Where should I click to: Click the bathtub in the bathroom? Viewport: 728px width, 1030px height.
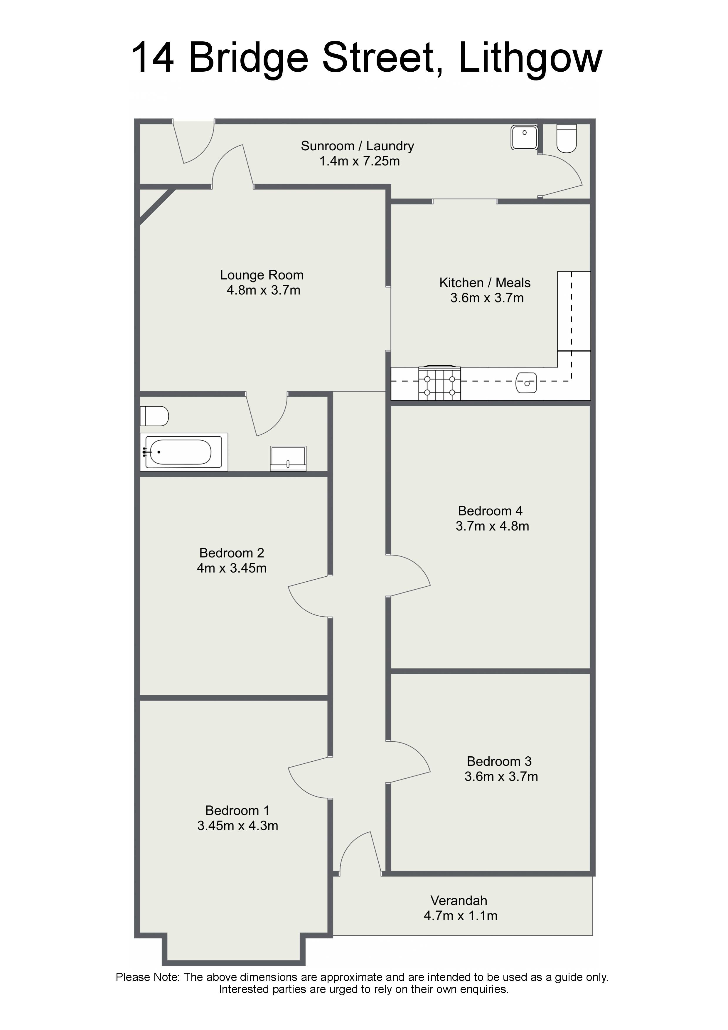[184, 452]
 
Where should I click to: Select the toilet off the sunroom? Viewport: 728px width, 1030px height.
[567, 139]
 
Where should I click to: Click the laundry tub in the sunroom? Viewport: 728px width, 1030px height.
[524, 138]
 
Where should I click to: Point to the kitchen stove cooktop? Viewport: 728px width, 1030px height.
[439, 383]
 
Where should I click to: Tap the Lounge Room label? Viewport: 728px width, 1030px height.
[262, 275]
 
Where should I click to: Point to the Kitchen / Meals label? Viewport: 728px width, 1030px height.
[485, 283]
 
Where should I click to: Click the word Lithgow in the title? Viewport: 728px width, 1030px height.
[530, 58]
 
